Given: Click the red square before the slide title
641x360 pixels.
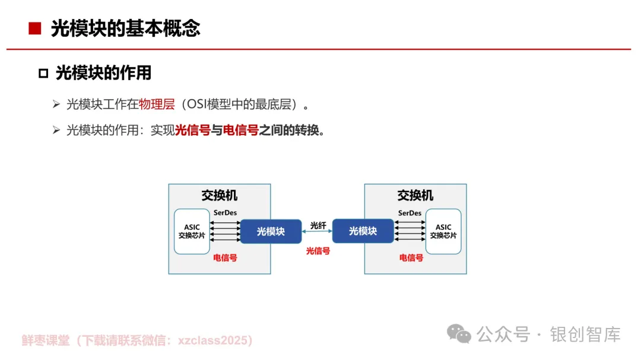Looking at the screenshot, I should point(34,28).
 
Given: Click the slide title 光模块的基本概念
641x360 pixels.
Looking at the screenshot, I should point(125,28).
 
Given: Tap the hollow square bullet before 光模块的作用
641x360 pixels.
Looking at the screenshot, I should point(43,74).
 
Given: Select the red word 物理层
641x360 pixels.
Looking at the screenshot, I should point(157,105).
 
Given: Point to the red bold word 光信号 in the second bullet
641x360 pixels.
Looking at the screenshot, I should point(193,130).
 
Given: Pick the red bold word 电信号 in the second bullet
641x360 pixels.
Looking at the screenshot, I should point(240,130).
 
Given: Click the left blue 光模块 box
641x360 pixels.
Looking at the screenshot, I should point(271,231).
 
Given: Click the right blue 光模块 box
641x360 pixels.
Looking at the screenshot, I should point(363,231).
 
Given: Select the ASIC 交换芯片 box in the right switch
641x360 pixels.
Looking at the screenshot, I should point(443,231).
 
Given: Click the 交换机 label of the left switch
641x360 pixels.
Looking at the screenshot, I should point(220,196).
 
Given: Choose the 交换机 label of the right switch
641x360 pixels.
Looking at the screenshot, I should point(415,196).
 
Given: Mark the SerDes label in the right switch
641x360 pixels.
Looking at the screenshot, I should point(410,213).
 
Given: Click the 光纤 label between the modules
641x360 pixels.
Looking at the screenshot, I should point(318,225).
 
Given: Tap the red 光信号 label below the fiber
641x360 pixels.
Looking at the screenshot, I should point(318,251).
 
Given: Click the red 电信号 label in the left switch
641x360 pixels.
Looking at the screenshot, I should point(225,258).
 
